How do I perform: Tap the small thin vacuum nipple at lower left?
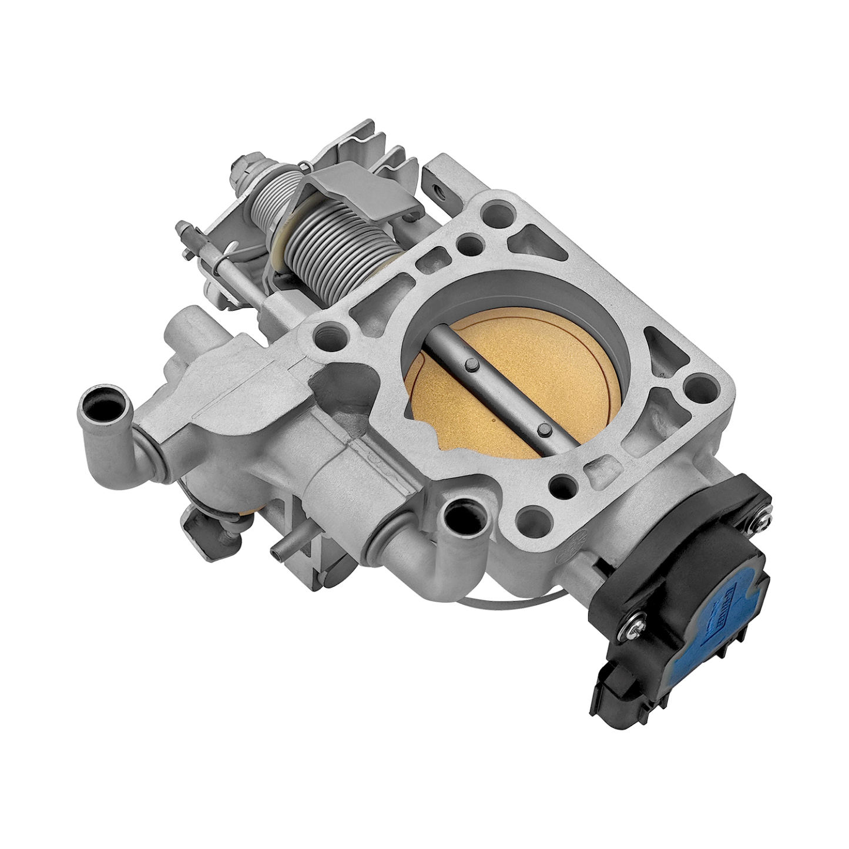click(280, 552)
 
